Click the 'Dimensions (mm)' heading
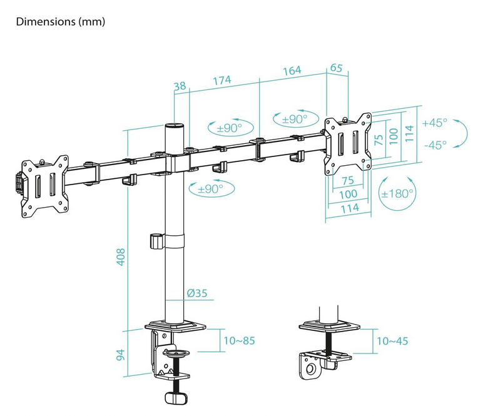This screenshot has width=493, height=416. (x=60, y=22)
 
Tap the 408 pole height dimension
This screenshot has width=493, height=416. (x=121, y=257)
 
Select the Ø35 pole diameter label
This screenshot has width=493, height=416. (x=197, y=293)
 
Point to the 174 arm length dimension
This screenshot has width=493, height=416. (x=222, y=81)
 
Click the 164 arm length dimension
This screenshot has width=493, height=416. (x=292, y=71)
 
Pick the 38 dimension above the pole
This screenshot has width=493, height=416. (x=180, y=86)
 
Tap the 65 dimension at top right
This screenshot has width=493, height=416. (x=336, y=68)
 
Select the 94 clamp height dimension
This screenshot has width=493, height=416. (x=121, y=355)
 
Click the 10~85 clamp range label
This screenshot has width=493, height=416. (x=239, y=340)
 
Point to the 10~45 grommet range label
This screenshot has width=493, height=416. (x=392, y=341)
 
